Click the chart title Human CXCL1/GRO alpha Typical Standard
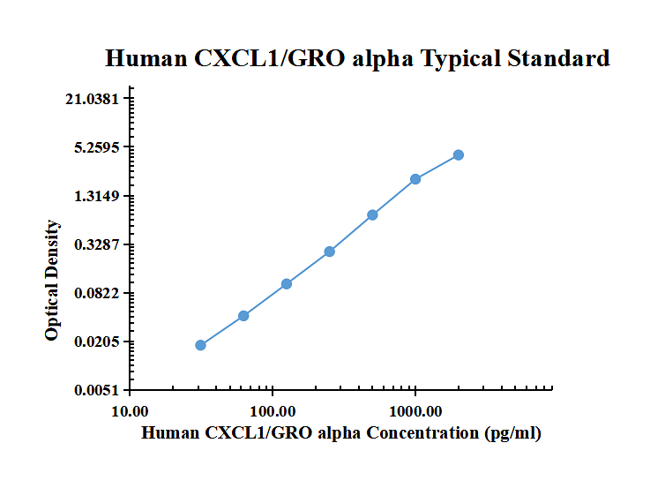click(357, 58)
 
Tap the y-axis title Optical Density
click(52, 281)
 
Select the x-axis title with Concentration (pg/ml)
click(341, 433)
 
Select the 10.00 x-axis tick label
click(130, 411)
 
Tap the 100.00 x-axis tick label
click(273, 411)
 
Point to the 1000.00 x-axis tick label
click(415, 411)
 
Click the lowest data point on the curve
click(200, 345)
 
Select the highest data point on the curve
click(458, 155)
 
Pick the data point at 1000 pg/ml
click(415, 179)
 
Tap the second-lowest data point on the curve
click(243, 316)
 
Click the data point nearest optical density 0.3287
click(330, 252)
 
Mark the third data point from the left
click(287, 284)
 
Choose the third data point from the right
click(372, 214)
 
